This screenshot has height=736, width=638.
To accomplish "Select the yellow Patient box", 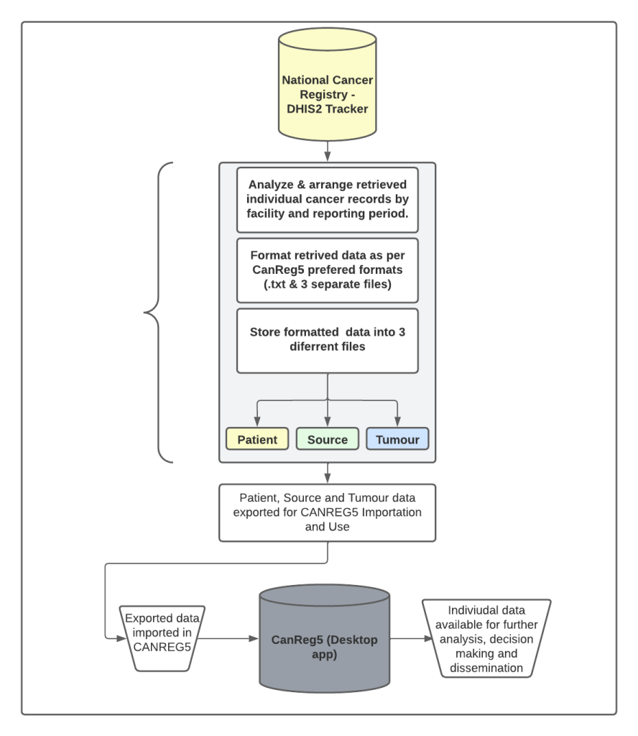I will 256,439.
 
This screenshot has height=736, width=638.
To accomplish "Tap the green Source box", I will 328,439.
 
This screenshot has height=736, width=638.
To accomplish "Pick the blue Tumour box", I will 397,439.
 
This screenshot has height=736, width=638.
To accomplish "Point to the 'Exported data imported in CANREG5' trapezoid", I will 162,635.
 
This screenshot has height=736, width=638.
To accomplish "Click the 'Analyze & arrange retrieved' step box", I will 328,198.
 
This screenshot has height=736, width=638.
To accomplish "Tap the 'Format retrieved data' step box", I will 328,270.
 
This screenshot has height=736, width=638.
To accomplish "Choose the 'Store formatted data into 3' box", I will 328,340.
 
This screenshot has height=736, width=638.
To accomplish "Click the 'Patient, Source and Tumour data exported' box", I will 328,512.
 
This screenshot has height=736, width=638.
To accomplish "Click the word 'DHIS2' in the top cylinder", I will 300,109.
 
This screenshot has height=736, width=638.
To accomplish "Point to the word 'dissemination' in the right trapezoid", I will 486,668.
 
